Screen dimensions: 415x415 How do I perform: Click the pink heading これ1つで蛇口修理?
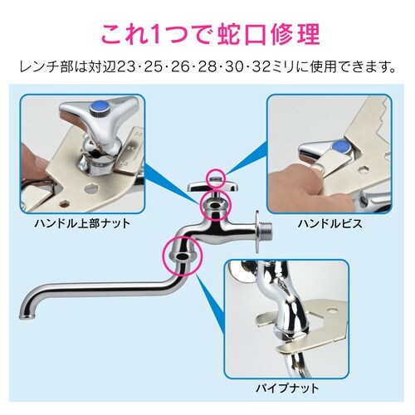pos(210,35)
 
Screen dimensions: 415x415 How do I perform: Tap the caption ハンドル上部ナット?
pos(82,223)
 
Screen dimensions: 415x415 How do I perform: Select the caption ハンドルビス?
pos(330,223)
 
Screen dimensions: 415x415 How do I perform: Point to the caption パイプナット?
pos(287,388)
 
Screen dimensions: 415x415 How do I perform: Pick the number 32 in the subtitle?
pos(261,67)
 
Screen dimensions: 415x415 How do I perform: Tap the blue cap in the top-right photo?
pos(341,147)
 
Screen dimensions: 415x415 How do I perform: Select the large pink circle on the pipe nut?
pos(164,256)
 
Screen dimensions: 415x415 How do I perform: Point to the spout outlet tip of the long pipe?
pos(27,316)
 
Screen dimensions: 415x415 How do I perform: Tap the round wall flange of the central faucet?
pos(257,232)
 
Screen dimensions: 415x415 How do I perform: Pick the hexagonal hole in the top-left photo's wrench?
pos(90,188)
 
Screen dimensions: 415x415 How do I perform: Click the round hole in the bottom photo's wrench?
pos(334,310)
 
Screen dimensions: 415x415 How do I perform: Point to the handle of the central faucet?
pos(212,187)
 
